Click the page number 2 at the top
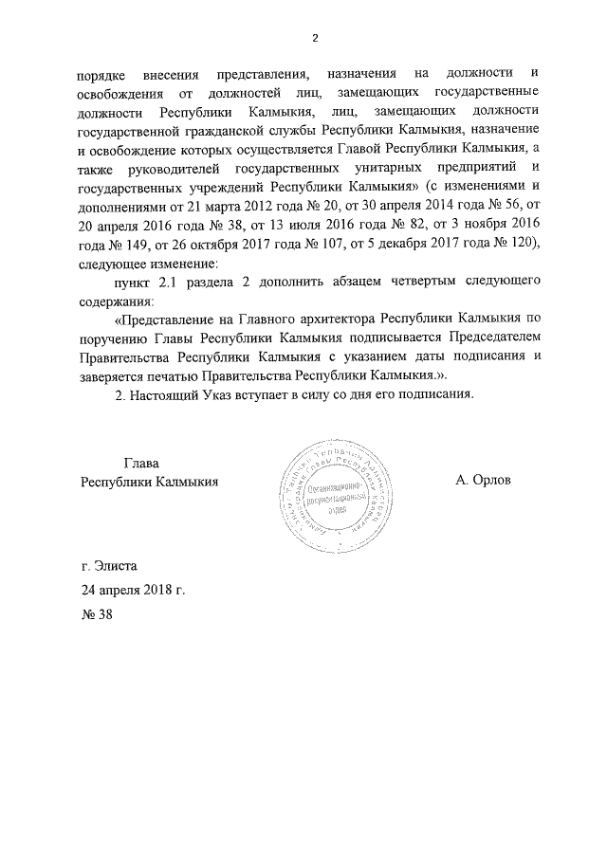[316, 37]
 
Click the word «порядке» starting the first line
[105, 74]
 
